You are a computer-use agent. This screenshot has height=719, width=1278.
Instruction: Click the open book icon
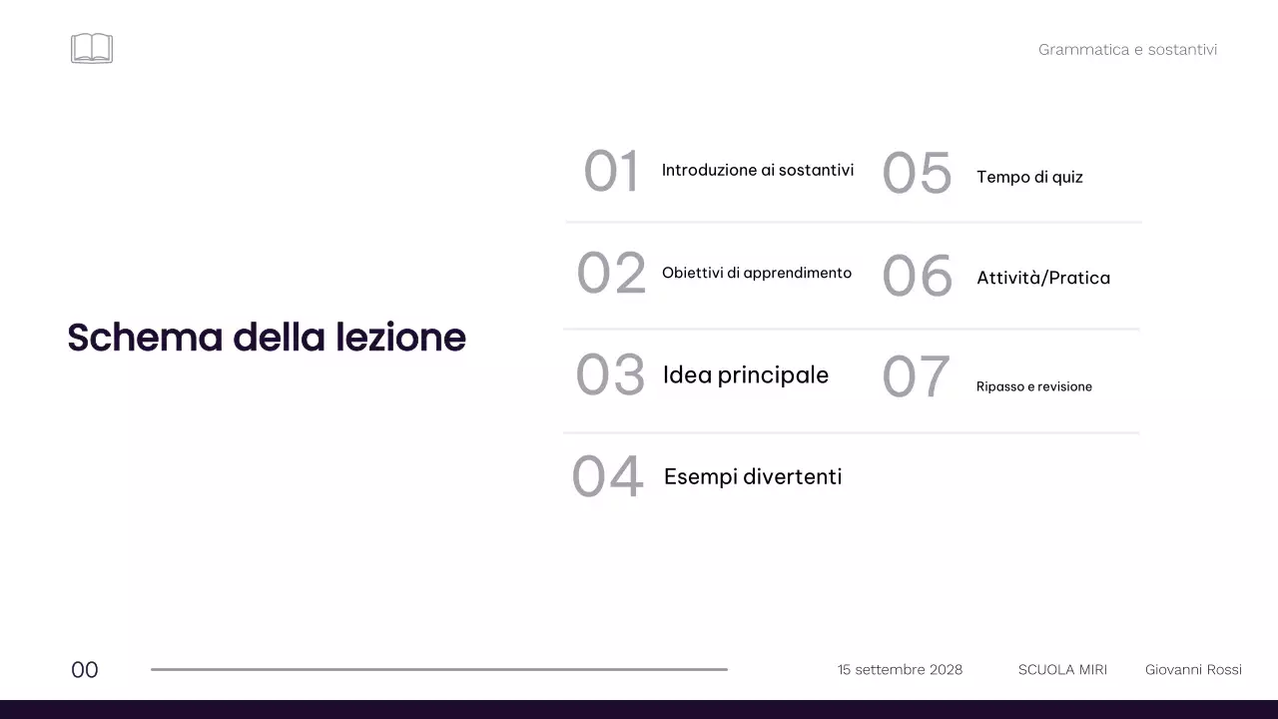click(92, 48)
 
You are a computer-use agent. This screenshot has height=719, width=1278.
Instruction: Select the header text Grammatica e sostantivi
click(1127, 50)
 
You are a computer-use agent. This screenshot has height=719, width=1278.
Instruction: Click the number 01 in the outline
click(611, 171)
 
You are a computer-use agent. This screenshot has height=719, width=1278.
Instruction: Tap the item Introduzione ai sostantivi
click(757, 171)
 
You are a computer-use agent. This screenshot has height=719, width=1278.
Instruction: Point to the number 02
click(611, 273)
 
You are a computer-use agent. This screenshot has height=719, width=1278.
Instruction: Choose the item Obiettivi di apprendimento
click(756, 273)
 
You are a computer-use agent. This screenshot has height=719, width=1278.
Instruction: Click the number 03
click(610, 375)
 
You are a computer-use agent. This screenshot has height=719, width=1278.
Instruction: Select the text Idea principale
click(745, 375)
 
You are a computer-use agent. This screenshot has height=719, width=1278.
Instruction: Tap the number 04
click(607, 477)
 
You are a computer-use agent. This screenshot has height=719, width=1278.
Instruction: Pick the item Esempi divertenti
click(752, 477)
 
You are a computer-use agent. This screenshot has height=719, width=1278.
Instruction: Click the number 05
click(917, 174)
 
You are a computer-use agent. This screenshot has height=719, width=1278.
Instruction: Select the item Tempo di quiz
click(1029, 178)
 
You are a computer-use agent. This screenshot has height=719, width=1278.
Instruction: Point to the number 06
click(917, 277)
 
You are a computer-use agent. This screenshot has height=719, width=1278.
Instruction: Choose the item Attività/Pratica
click(1042, 279)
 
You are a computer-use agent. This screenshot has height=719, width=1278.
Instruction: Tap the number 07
click(915, 377)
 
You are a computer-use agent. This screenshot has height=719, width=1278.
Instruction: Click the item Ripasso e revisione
click(1033, 386)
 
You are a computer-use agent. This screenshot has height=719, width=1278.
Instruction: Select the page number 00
click(85, 670)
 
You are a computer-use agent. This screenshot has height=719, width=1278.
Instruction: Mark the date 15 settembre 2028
click(900, 670)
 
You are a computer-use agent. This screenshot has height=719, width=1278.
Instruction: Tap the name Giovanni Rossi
click(1193, 670)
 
